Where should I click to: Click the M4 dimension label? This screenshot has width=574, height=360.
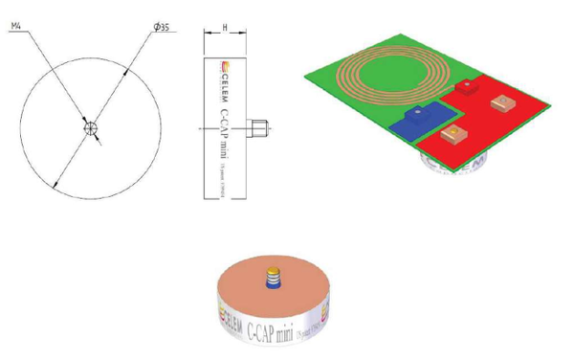[x=16, y=30]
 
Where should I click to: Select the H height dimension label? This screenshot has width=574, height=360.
[x=223, y=29]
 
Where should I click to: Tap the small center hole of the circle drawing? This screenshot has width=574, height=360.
[x=90, y=127]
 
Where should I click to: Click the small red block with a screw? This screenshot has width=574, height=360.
[x=466, y=87]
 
